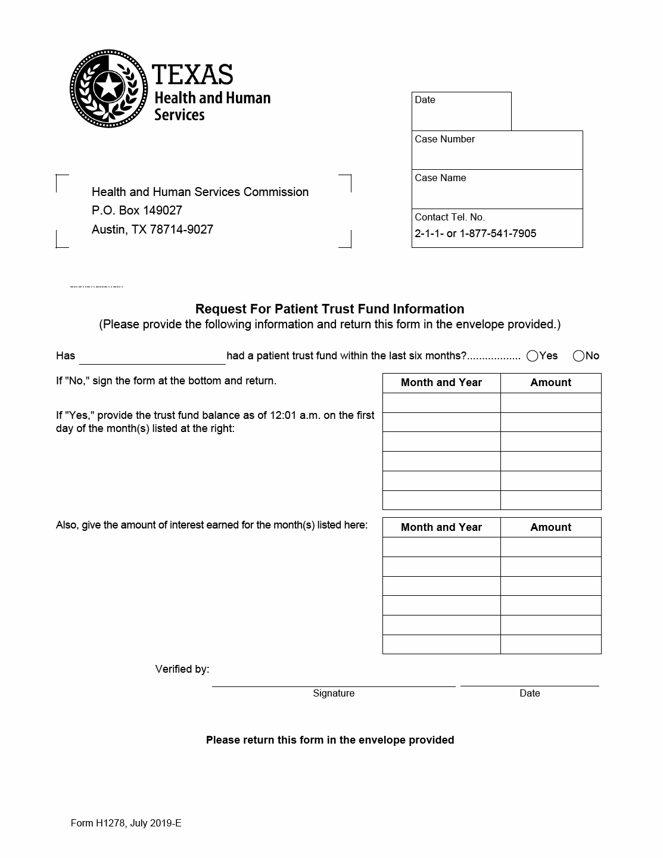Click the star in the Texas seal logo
click(108, 86)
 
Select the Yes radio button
click(533, 356)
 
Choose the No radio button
click(578, 356)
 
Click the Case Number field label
click(444, 139)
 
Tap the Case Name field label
click(440, 178)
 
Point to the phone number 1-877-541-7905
click(498, 234)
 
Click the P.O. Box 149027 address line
click(137, 210)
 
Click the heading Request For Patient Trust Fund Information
click(329, 309)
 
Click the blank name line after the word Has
click(152, 357)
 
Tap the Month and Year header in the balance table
click(441, 383)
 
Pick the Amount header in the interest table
click(550, 527)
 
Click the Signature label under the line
click(334, 693)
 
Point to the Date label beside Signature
click(530, 693)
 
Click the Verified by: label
click(182, 669)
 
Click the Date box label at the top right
click(425, 100)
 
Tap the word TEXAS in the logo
click(192, 74)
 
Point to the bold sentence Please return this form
click(329, 740)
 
